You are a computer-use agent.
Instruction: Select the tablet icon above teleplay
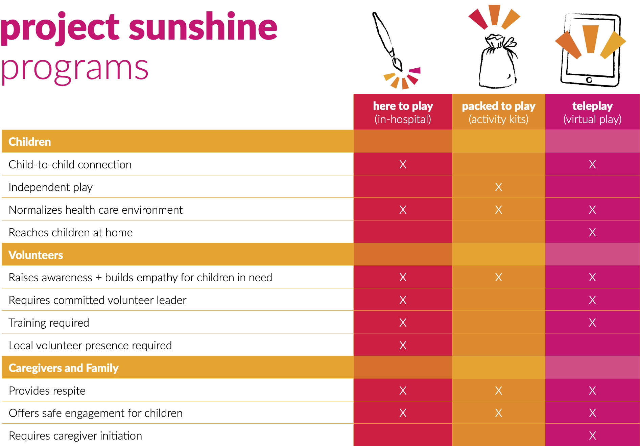591,50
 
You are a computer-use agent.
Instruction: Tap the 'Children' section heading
30,142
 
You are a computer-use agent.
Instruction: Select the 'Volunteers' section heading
36,255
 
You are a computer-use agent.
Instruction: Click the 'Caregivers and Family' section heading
64,368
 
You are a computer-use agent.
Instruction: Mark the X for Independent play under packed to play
499,187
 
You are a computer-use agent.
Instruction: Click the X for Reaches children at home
592,232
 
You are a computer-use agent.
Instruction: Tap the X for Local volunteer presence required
403,345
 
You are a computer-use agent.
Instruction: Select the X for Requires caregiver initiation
592,436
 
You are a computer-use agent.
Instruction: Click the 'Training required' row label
49,323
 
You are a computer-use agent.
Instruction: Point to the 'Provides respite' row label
47,391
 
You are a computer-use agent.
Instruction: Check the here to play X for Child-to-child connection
403,164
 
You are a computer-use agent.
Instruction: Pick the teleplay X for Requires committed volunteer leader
592,300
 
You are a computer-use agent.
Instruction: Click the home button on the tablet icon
589,80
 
